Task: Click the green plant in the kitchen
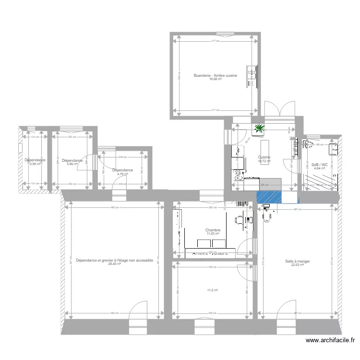click(x=260, y=128)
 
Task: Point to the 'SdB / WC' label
click(x=320, y=165)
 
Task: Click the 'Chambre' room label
click(x=213, y=230)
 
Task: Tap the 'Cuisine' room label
click(x=264, y=157)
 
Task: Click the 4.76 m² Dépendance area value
click(x=122, y=174)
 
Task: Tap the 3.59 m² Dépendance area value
click(x=35, y=164)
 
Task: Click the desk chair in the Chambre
click(x=239, y=220)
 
